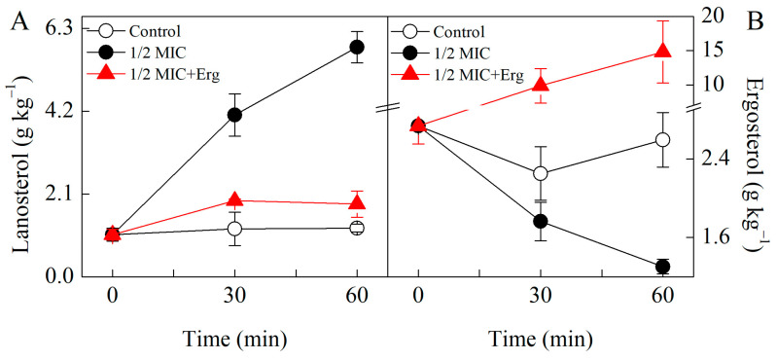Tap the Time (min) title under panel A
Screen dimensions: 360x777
[x=234, y=338]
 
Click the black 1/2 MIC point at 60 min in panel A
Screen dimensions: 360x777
[x=357, y=47]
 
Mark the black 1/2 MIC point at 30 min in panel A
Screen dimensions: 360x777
[x=234, y=115]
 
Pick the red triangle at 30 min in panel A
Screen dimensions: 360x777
[x=234, y=199]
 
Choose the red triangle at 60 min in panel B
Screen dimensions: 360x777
[x=662, y=52]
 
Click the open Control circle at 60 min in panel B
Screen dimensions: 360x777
[x=662, y=140]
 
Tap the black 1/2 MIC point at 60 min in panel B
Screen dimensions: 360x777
[x=662, y=267]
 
